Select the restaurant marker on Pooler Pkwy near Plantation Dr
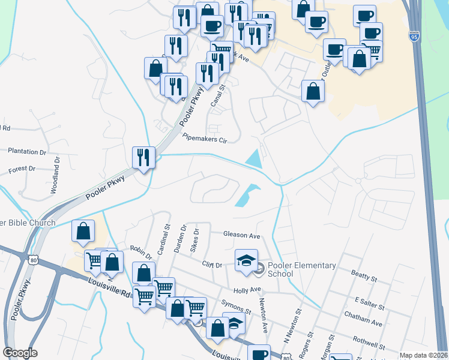coord(143,158)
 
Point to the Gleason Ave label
coord(241,235)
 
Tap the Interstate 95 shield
coord(414,36)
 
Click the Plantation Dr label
coord(27,152)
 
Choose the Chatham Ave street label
coord(363,323)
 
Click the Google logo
coord(20,353)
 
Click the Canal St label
coord(218,95)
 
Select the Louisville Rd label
coord(109,287)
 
